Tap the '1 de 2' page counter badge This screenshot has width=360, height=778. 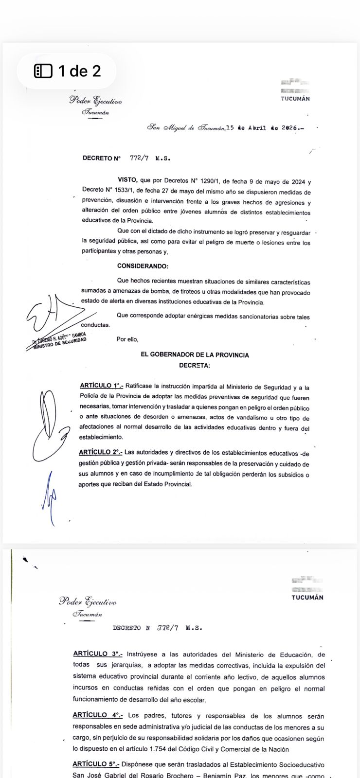[67, 71]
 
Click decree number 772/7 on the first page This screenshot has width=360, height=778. [139, 159]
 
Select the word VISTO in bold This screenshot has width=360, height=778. [127, 180]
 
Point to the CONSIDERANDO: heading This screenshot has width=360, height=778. [143, 266]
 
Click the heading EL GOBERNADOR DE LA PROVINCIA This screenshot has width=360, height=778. [195, 355]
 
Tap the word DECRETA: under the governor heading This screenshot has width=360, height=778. [195, 365]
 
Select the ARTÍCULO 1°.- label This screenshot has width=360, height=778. [102, 386]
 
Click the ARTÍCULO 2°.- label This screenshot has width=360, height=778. [101, 453]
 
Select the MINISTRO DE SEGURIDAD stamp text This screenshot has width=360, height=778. [59, 344]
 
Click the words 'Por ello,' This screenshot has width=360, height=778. [127, 339]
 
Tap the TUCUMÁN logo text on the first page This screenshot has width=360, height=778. [295, 99]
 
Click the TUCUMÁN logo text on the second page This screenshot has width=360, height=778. [307, 598]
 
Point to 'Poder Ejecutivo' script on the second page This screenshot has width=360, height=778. [88, 601]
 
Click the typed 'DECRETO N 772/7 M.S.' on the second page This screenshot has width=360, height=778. [157, 628]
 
